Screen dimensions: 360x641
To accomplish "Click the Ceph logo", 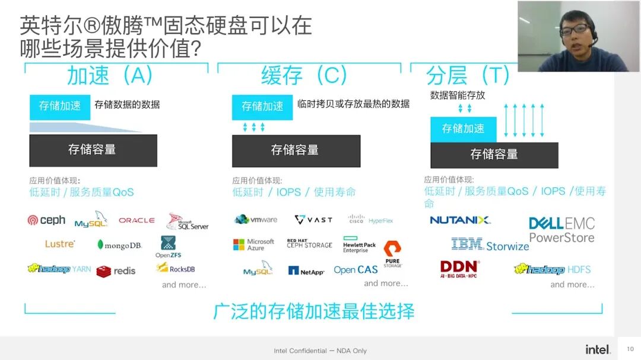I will tap(46, 220).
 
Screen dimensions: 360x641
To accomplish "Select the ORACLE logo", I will tap(137, 220).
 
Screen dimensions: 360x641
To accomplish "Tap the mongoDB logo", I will tap(119, 245).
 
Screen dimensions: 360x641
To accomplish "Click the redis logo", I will tap(116, 271).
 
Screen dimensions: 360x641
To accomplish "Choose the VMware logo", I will tap(256, 219).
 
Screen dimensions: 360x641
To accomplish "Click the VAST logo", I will tap(313, 219).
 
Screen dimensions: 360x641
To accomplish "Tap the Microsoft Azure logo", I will tap(253, 244).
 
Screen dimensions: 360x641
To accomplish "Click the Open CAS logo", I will tap(356, 270).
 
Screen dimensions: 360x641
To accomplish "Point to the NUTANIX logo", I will tap(460, 220).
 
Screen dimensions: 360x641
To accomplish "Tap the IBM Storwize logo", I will tap(490, 244).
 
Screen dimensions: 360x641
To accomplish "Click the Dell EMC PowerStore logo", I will tap(561, 230).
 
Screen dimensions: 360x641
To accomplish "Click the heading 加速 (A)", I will tap(110, 75).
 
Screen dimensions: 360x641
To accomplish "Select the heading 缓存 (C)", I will tap(304, 75).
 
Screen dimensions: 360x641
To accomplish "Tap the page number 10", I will tap(630, 349).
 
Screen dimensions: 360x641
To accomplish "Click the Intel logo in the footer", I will tap(598, 349).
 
